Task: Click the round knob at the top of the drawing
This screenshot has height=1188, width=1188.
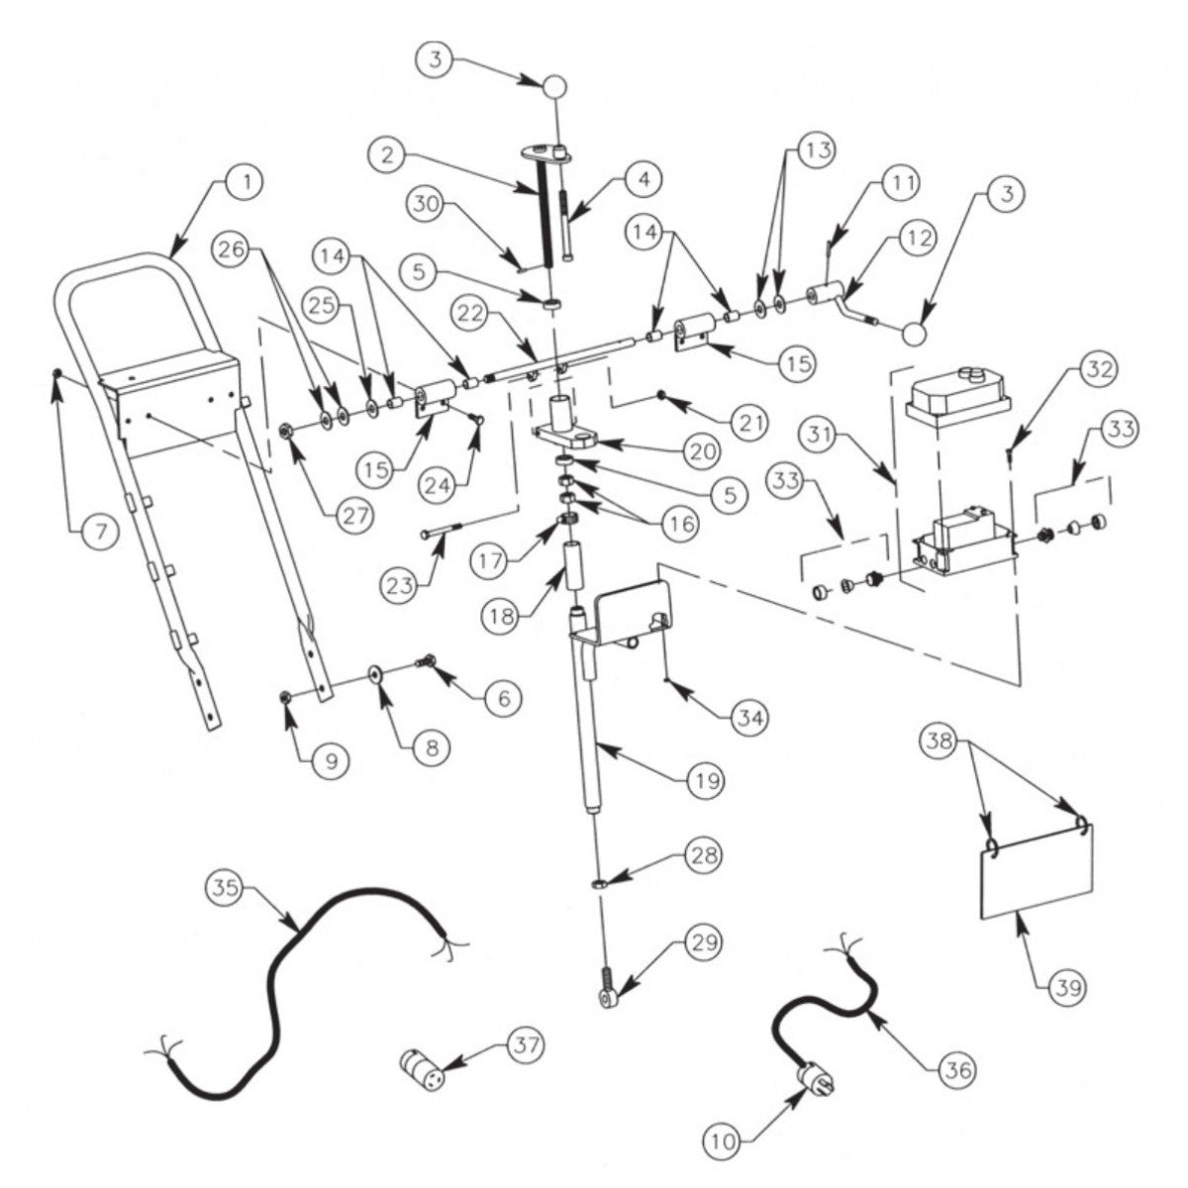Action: [555, 87]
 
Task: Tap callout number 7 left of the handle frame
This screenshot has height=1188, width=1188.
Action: [87, 532]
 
